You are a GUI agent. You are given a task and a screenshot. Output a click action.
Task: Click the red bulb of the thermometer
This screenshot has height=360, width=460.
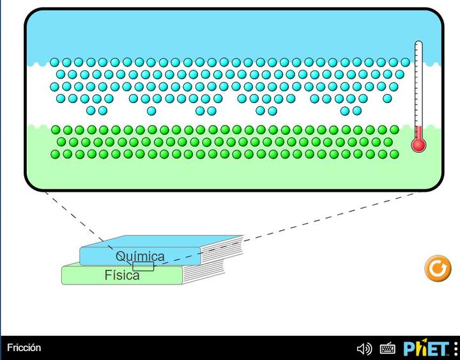point(418,145)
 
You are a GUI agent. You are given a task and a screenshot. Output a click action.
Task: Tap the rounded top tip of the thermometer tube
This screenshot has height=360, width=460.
point(418,42)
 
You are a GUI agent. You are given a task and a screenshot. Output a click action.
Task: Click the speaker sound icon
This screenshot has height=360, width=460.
point(364,349)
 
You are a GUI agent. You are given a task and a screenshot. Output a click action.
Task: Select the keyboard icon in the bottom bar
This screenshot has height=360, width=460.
point(388,348)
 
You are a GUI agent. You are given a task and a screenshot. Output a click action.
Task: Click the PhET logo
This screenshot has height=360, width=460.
point(426,348)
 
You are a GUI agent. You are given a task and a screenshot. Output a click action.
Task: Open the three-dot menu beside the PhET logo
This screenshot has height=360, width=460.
point(456,348)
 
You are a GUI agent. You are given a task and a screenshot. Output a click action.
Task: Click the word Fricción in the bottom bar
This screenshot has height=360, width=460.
point(24,348)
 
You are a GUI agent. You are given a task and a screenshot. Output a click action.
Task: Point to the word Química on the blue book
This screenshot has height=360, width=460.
point(140,256)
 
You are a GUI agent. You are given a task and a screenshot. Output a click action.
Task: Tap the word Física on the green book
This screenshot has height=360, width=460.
point(122,275)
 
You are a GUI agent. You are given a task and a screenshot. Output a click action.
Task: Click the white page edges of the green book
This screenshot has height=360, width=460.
point(203,272)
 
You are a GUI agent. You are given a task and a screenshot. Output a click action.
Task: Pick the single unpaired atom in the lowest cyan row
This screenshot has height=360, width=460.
point(151,111)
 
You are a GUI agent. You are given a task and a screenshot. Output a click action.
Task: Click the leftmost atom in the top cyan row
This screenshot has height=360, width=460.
point(54,62)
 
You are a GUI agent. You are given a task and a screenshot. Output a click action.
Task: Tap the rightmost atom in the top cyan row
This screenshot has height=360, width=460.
point(405,62)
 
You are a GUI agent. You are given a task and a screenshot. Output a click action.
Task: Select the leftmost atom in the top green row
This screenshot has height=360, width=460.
point(56,130)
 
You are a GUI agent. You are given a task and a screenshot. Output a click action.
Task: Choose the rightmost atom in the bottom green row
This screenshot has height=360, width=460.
point(394,154)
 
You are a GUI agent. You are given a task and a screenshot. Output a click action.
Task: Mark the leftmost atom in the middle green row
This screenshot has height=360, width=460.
point(61,142)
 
